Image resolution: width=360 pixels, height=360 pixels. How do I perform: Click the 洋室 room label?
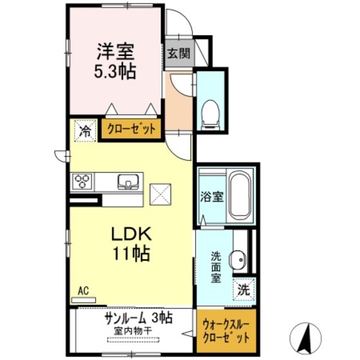click(x=116, y=52)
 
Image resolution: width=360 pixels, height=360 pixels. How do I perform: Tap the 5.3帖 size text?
click(x=116, y=71)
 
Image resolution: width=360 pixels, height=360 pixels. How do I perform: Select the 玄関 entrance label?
click(x=178, y=55)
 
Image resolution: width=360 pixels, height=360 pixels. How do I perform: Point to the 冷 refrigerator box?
click(x=85, y=132)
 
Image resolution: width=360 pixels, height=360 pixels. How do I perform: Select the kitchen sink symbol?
click(x=129, y=182)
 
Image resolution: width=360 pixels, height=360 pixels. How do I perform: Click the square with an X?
click(x=159, y=193)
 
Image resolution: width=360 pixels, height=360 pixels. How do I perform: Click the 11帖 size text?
click(x=133, y=254)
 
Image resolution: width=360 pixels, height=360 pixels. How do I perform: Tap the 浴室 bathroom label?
click(x=211, y=197)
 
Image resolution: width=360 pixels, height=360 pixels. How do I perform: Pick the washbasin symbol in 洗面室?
click(x=240, y=259)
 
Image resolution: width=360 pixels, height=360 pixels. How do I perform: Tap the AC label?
click(x=84, y=291)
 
